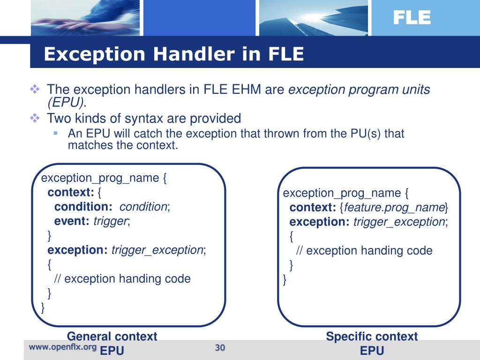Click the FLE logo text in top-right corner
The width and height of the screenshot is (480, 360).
pyautogui.click(x=411, y=18)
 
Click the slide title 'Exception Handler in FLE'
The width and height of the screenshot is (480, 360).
pyautogui.click(x=173, y=54)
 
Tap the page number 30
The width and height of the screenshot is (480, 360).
pyautogui.click(x=220, y=347)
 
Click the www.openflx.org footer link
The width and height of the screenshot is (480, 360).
pyautogui.click(x=63, y=347)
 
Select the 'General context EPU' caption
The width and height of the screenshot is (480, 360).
pyautogui.click(x=112, y=343)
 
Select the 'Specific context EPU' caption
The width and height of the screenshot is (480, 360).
pyautogui.click(x=372, y=343)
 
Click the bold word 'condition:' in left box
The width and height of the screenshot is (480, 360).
pyautogui.click(x=83, y=207)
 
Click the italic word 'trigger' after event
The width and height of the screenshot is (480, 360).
pyautogui.click(x=111, y=221)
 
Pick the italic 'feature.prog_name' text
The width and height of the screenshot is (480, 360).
pyautogui.click(x=394, y=208)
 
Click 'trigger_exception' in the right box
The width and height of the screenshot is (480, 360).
pyautogui.click(x=399, y=222)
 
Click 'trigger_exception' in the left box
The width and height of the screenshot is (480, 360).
pyautogui.click(x=157, y=250)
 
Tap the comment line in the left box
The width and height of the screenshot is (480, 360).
pyautogui.click(x=122, y=278)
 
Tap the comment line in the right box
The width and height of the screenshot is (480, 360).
pyautogui.click(x=364, y=250)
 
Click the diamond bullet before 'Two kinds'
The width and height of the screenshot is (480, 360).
pyautogui.click(x=35, y=118)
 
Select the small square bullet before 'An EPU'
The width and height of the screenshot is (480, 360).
pyautogui.click(x=55, y=133)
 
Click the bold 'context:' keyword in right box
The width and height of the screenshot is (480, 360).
pyautogui.click(x=311, y=208)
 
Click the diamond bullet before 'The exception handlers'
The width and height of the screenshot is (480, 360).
pyautogui.click(x=35, y=89)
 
